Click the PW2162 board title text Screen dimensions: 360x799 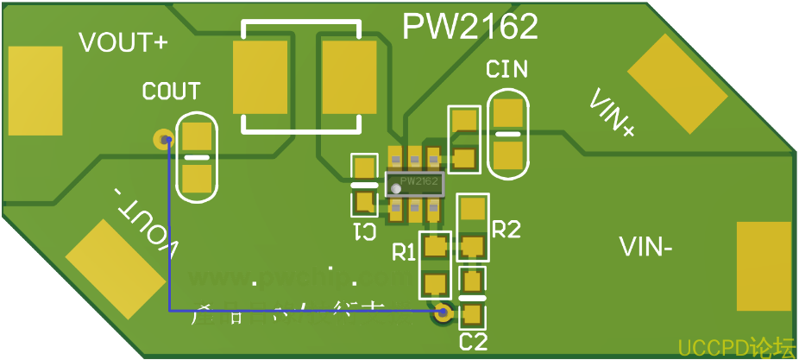[470, 27]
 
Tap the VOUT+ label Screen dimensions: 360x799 [123, 43]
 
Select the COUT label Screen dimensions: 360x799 [171, 91]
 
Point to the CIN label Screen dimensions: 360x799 [507, 70]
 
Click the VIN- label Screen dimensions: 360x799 [646, 248]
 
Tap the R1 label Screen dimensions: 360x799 [404, 253]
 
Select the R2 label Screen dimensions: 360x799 [506, 230]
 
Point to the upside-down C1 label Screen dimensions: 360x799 [364, 231]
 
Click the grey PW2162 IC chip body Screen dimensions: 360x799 [414, 183]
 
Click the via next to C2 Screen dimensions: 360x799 [444, 313]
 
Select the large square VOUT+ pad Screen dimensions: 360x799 [35, 91]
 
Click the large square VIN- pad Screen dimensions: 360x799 [763, 266]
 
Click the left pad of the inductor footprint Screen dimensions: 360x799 [260, 77]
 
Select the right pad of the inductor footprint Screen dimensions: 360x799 [349, 77]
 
